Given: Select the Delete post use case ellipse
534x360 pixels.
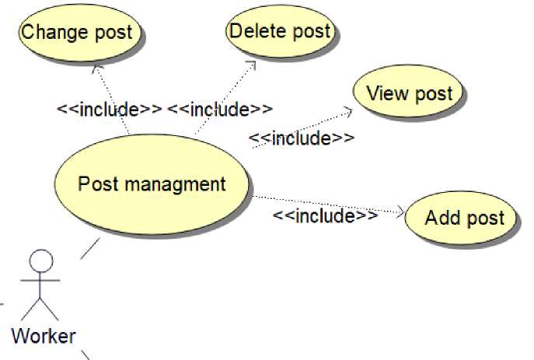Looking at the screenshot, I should pos(280,33).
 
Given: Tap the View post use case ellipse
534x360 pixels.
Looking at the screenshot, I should pos(409,94).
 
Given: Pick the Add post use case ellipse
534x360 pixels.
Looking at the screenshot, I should pos(463,218).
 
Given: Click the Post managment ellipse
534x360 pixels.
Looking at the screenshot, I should pos(152,185).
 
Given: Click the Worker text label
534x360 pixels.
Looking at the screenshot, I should pos(44,336).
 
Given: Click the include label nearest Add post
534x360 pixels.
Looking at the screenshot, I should pos(326,215).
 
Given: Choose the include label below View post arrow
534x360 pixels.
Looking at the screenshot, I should pos(302,138).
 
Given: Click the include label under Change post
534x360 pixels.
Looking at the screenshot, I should pos(110,109).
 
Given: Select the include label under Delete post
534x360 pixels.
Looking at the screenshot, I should pos(220,109).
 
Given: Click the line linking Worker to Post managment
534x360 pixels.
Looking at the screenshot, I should pos(90,248).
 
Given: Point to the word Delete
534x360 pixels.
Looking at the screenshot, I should pos(255,31).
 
